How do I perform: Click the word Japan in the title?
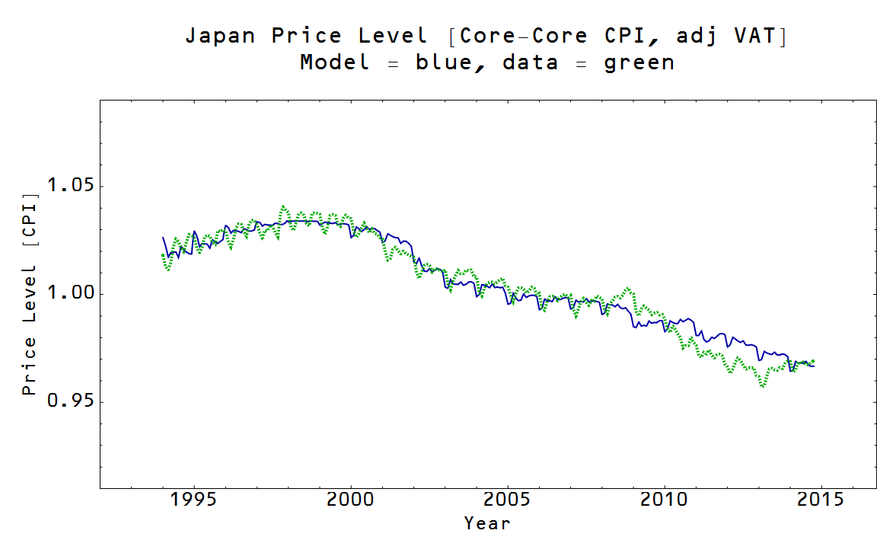(x=220, y=36)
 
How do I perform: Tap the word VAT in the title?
(x=754, y=36)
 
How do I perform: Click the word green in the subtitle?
(x=639, y=62)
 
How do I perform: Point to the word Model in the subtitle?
(x=334, y=62)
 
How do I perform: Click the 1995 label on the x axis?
(x=193, y=500)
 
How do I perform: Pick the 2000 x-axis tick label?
(x=350, y=500)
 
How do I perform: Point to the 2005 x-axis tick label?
(x=507, y=500)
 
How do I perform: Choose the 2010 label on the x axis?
(x=664, y=500)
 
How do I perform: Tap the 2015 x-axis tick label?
(x=821, y=500)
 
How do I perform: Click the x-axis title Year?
(x=487, y=523)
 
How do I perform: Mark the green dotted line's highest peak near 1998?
(x=283, y=206)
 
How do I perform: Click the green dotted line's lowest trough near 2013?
(x=762, y=386)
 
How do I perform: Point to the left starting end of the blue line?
(x=162, y=238)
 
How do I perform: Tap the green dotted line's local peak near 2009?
(x=627, y=289)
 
